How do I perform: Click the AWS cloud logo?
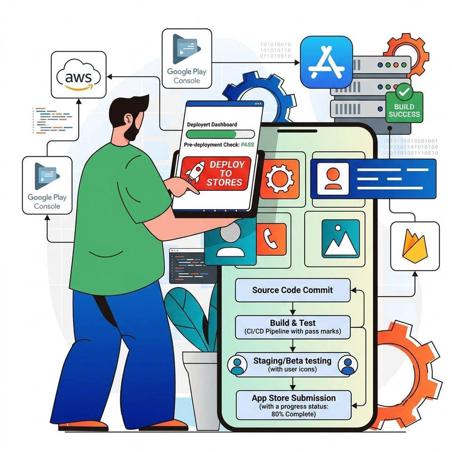pyautogui.click(x=79, y=75)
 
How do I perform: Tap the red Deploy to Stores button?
pyautogui.click(x=216, y=173)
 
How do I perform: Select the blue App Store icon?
pyautogui.click(x=326, y=62)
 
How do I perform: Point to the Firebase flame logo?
pyautogui.click(x=414, y=246)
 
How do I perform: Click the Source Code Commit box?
pyautogui.click(x=292, y=290)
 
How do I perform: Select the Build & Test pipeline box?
pyautogui.click(x=292, y=327)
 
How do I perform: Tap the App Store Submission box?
pyautogui.click(x=293, y=405)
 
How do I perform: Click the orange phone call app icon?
pyautogui.click(x=271, y=239)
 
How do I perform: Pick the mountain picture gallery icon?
pyautogui.click(x=340, y=239)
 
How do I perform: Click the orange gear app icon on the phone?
pyautogui.click(x=280, y=179)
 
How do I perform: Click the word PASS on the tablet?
pyautogui.click(x=247, y=145)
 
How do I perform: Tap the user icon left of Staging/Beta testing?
pyautogui.click(x=237, y=365)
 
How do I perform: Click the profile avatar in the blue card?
pyautogui.click(x=333, y=179)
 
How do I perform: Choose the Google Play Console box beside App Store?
pyautogui.click(x=187, y=58)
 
